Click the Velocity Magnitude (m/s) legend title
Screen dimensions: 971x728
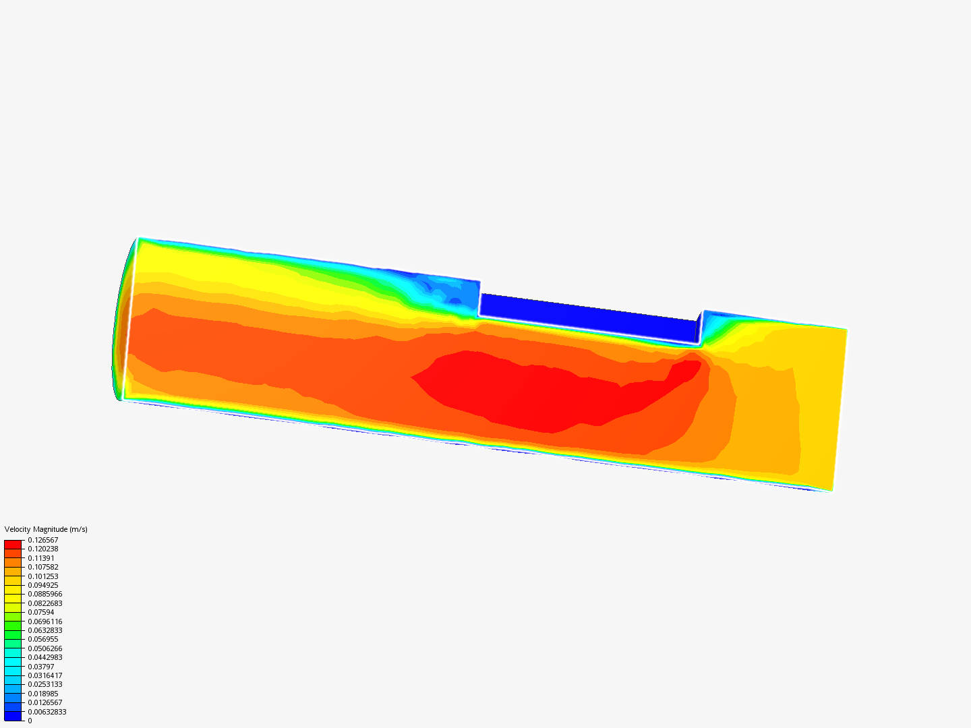pyautogui.click(x=46, y=529)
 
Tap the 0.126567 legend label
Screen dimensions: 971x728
pyautogui.click(x=43, y=540)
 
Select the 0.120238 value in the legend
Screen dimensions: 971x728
pyautogui.click(x=43, y=549)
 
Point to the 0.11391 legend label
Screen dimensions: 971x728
pyautogui.click(x=41, y=558)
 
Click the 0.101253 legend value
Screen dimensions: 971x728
pyautogui.click(x=43, y=576)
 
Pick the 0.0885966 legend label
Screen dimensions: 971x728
pyautogui.click(x=45, y=594)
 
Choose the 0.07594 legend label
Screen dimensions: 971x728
pyautogui.click(x=41, y=612)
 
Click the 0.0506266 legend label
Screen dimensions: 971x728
pyautogui.click(x=45, y=648)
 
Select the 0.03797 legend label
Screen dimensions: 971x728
pyautogui.click(x=41, y=666)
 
